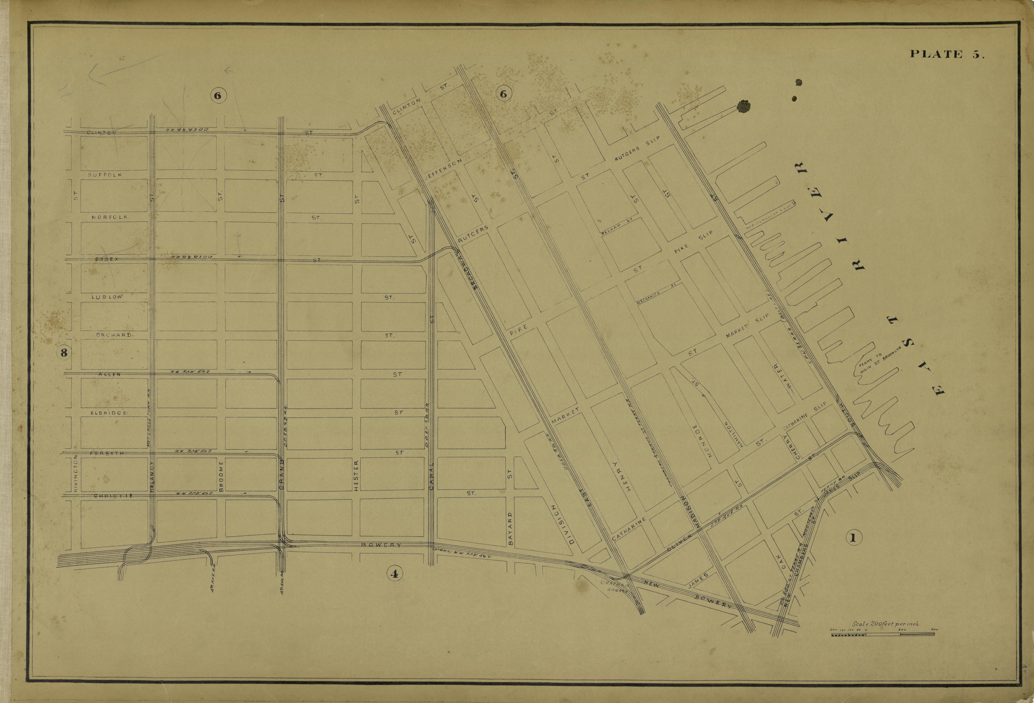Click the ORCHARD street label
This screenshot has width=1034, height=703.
[x=113, y=335]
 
